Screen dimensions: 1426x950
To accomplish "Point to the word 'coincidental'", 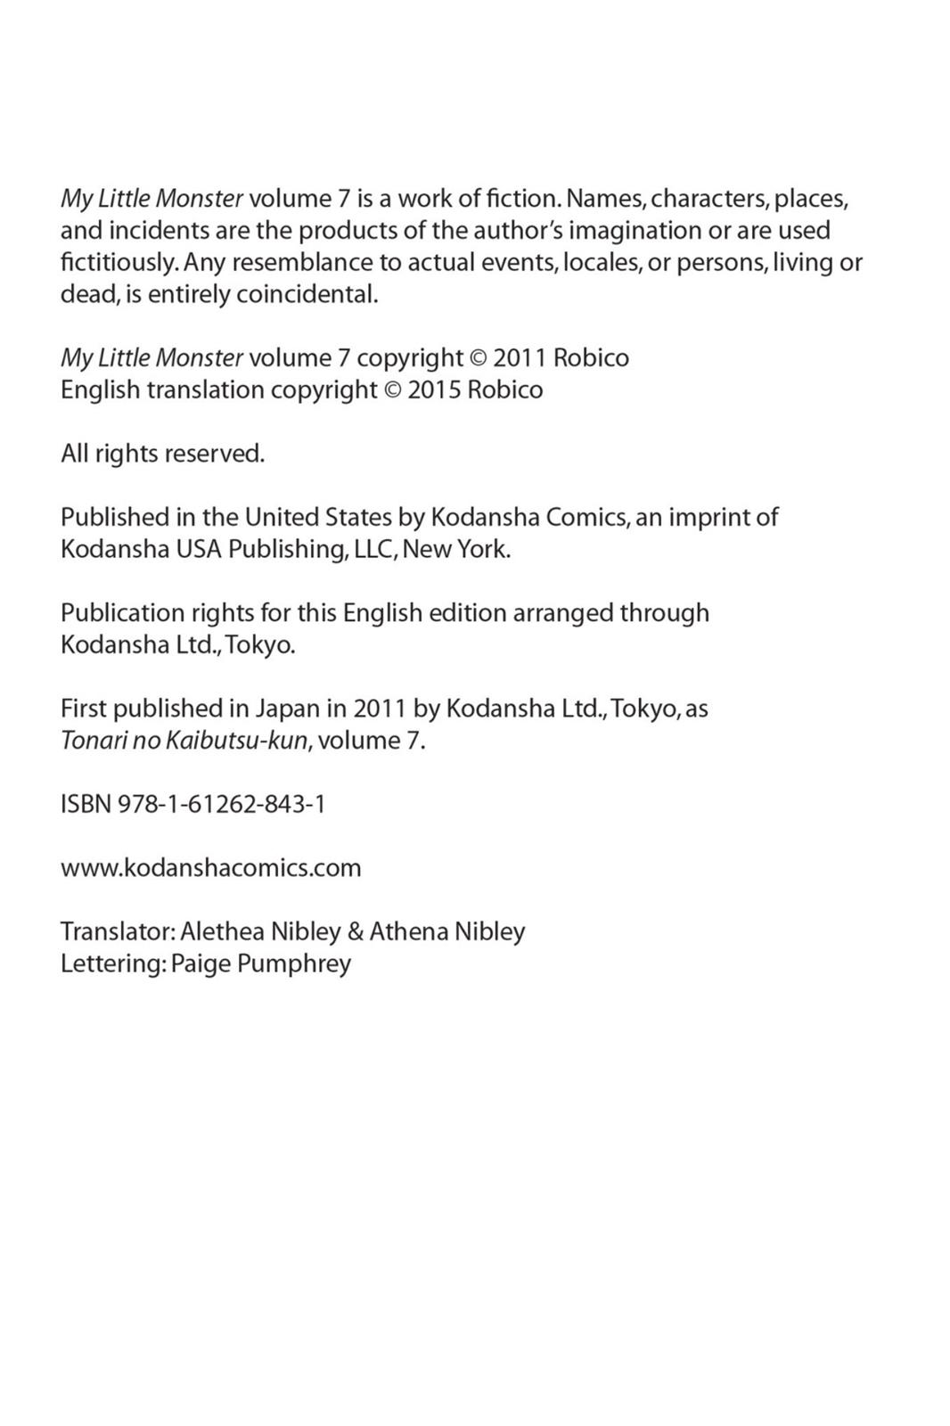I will [x=307, y=294].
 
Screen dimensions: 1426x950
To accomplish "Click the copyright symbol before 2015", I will [x=392, y=390].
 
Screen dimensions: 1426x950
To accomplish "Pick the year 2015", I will [x=434, y=390].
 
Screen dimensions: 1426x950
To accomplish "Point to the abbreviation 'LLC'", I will [x=373, y=549].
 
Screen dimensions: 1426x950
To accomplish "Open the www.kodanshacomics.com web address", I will [x=211, y=867].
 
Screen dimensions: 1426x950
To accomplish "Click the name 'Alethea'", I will [x=222, y=931].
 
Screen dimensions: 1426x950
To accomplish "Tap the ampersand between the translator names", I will [x=356, y=931].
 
